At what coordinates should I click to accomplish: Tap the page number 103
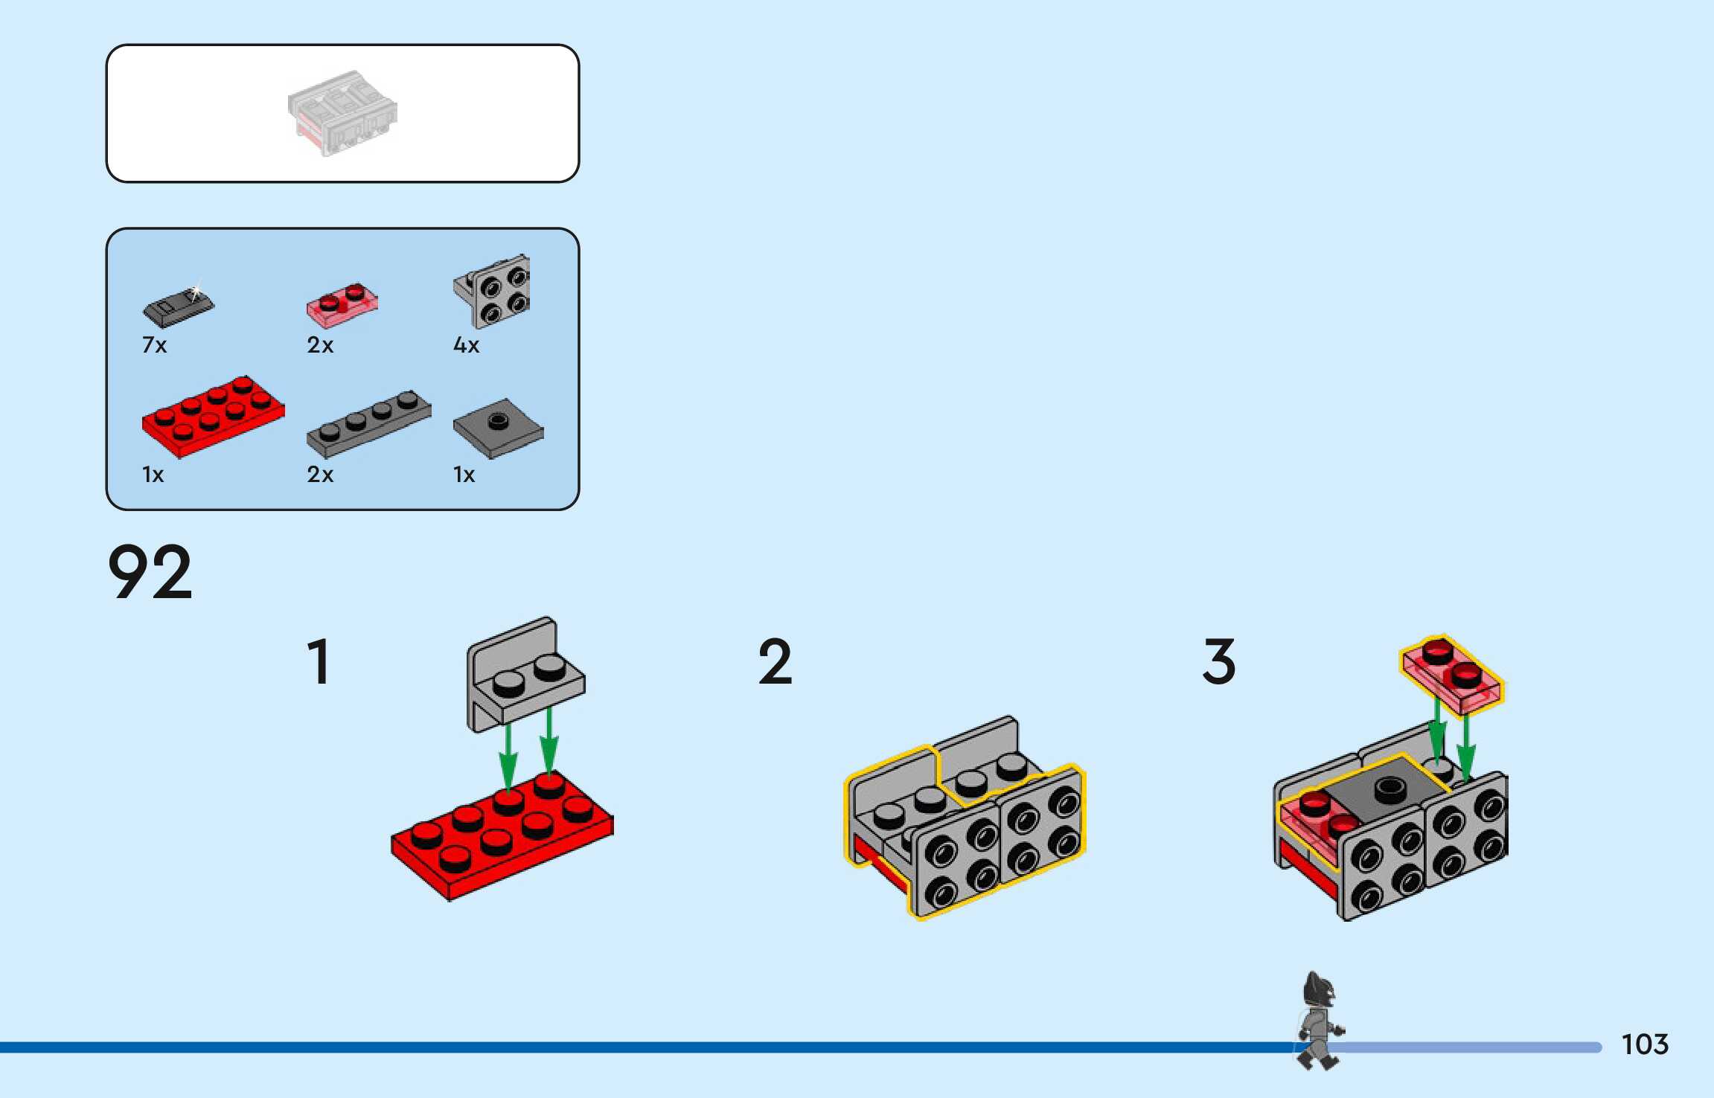point(1645,1044)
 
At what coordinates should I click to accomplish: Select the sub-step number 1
point(319,661)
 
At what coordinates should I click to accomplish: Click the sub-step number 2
point(775,661)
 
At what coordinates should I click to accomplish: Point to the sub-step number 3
point(1218,661)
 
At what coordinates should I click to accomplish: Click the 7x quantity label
point(155,345)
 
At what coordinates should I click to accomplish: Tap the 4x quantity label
point(467,345)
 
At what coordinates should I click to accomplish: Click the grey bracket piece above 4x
point(493,292)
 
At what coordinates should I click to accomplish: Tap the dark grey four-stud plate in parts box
point(368,423)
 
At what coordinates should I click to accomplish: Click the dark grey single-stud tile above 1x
point(498,428)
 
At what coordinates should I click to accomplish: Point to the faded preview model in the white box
point(342,113)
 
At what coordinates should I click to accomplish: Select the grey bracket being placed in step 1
point(524,673)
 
